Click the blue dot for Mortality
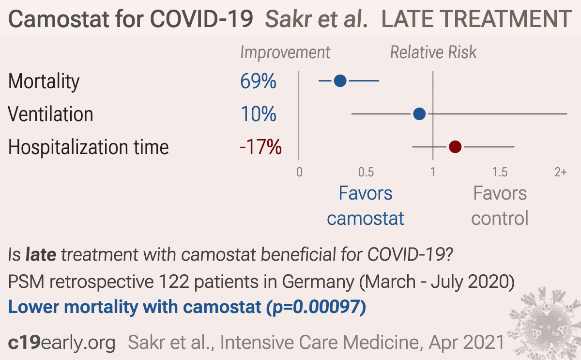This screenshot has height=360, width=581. pos(340,81)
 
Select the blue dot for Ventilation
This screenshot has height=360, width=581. pos(419,114)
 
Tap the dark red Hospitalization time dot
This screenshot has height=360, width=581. pos(455,147)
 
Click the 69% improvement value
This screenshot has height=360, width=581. pos(258,81)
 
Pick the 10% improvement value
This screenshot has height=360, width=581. pos(259,114)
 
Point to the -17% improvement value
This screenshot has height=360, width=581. pos(260,147)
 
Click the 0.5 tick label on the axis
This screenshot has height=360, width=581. pos(366,172)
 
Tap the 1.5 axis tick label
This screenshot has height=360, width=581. pos(500,172)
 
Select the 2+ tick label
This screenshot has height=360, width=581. pos(561,172)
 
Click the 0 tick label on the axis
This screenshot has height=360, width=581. pos(299,172)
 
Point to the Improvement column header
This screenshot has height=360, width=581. pos(285,53)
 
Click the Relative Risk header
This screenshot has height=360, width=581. pos(433,52)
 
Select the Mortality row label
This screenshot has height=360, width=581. pos(44,82)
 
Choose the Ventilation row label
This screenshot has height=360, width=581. pos(50,114)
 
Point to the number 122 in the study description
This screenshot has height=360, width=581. pos(174,282)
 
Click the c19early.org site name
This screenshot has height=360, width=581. pos(61,343)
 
